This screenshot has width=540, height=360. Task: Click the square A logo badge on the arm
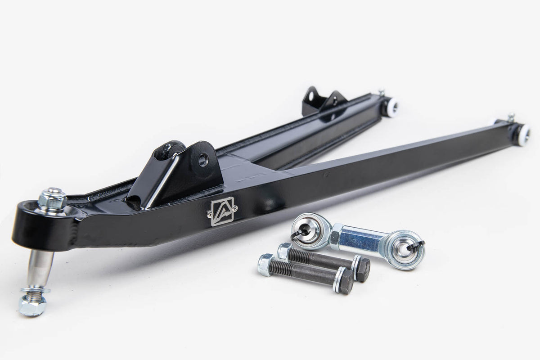click(222, 211)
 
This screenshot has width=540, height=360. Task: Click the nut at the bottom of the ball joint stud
click(31, 305)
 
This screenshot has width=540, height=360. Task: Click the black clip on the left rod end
click(299, 234)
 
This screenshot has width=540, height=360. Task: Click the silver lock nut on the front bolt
click(265, 265)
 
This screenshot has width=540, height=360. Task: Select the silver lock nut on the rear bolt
click(285, 251)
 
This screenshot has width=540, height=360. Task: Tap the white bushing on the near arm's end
click(523, 134)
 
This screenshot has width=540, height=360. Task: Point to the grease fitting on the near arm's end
click(511, 117)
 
